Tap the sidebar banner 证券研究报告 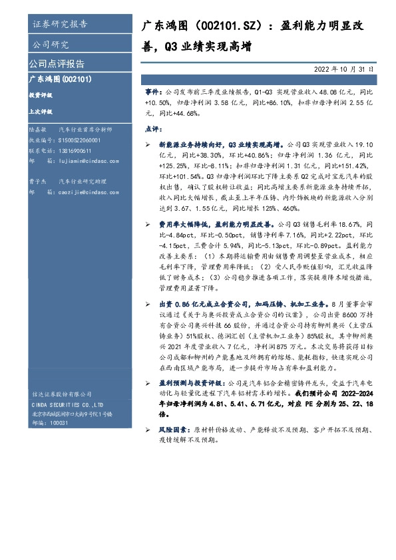(x=59, y=25)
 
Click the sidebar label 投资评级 (x=41, y=95)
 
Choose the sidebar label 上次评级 (x=41, y=112)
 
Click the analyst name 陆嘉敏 (x=37, y=131)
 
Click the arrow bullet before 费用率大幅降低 (x=148, y=228)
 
